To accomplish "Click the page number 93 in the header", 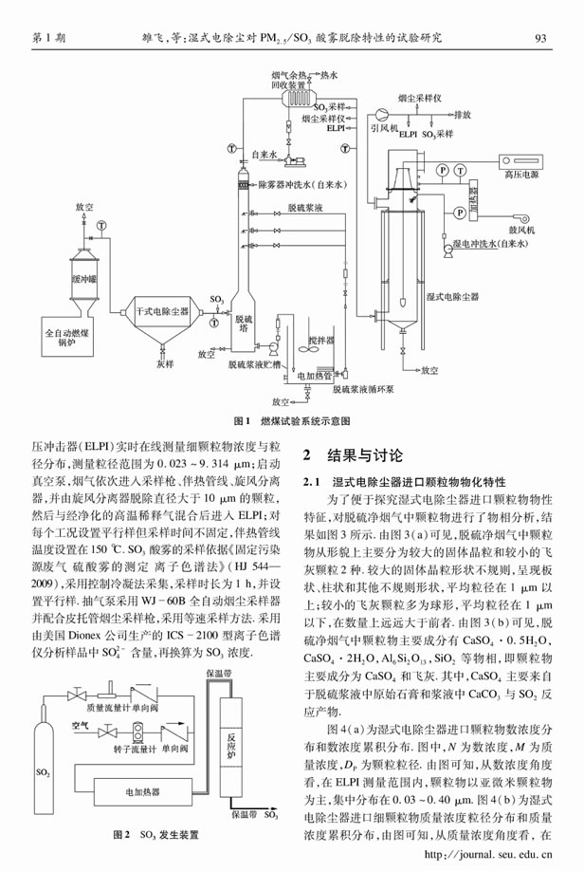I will click(x=543, y=38).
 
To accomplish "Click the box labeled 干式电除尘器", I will click(x=159, y=310).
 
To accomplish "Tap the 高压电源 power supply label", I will click(x=520, y=176).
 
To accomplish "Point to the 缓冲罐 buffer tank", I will click(x=86, y=281).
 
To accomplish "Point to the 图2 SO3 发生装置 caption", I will click(x=155, y=835).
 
